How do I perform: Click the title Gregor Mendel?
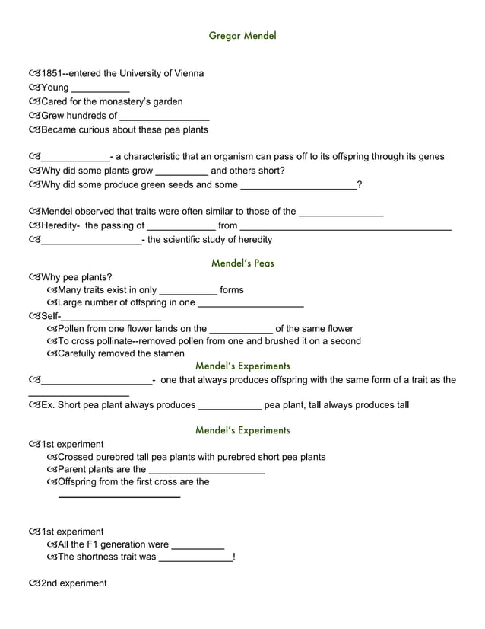(242, 36)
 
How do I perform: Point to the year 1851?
(51, 74)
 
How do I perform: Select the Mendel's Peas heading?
(242, 263)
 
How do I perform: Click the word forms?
(231, 290)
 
